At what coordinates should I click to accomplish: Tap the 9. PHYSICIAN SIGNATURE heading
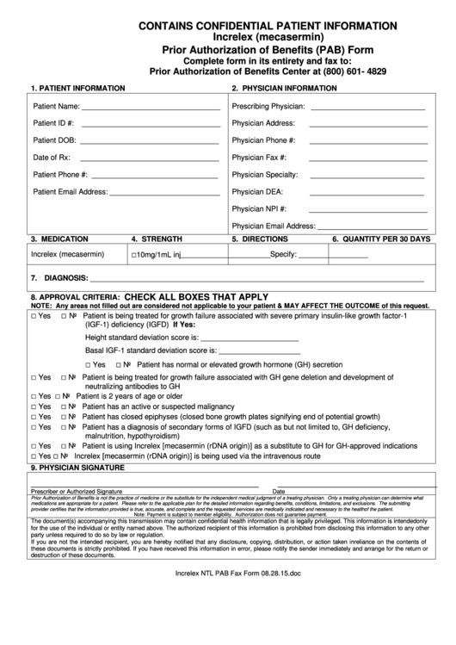click(78, 468)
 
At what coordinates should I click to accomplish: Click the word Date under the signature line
click(279, 491)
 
